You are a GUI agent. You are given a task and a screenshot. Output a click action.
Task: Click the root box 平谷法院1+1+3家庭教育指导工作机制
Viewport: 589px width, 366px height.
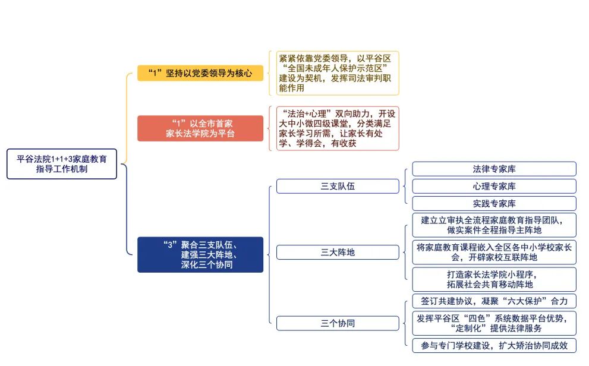point(62,164)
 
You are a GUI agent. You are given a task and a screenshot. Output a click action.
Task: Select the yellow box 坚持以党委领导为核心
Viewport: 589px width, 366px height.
point(200,73)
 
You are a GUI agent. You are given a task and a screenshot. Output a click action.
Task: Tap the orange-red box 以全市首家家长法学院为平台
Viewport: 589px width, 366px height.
point(200,128)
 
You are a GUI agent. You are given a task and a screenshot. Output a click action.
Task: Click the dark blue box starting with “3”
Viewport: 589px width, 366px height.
point(200,254)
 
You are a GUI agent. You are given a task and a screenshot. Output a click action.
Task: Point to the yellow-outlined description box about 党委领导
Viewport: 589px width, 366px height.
point(338,73)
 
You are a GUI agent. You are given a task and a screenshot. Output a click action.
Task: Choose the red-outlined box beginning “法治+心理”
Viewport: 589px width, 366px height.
point(338,128)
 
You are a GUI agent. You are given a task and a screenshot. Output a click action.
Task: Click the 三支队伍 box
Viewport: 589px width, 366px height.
point(338,186)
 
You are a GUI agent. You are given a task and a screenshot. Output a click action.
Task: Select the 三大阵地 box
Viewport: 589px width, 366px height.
point(338,253)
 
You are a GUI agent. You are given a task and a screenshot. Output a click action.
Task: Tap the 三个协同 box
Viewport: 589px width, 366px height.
point(338,323)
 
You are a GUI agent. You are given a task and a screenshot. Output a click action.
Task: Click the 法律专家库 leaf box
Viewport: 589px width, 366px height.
point(494,169)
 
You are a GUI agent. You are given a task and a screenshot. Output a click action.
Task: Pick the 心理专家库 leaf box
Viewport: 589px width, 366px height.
point(494,186)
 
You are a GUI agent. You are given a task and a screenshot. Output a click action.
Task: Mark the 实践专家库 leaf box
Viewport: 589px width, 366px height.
point(494,203)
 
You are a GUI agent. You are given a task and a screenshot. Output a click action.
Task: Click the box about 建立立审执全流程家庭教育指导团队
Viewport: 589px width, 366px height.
point(494,225)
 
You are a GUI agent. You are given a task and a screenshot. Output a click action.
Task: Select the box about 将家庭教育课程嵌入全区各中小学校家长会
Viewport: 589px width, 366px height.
point(494,253)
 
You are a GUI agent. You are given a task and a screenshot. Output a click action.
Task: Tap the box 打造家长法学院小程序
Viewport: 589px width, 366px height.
point(494,279)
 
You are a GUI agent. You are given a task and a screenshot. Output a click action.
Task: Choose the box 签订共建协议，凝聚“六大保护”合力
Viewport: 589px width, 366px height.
point(494,301)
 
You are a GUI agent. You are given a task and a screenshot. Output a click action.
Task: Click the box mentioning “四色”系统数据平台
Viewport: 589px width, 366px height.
point(494,323)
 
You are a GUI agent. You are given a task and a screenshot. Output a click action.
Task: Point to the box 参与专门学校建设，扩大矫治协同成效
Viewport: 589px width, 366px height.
point(494,345)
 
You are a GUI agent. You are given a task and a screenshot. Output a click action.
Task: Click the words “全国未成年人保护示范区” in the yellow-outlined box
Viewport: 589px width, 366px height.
point(335,68)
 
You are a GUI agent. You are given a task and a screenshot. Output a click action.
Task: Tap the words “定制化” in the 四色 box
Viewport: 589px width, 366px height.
point(470,329)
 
